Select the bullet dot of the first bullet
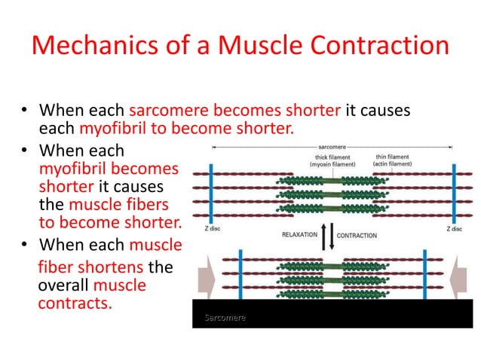tap(23, 112)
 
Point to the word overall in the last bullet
tap(63, 287)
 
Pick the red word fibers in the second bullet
tap(151, 205)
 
